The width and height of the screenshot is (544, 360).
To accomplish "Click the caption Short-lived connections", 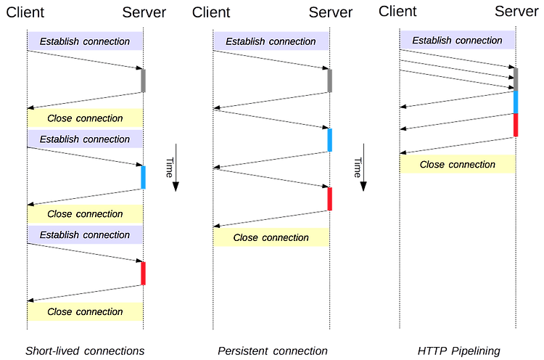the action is click(x=85, y=351).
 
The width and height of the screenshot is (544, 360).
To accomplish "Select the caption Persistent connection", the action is click(x=272, y=351).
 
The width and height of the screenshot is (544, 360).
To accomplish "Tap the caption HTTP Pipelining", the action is click(x=458, y=351).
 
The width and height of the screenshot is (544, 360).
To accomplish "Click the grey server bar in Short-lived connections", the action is click(x=144, y=81).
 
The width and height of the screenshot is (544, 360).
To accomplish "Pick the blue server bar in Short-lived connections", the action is click(x=144, y=177).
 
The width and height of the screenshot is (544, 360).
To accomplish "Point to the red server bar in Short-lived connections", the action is click(x=144, y=274).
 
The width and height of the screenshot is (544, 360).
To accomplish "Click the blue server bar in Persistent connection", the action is click(x=329, y=140).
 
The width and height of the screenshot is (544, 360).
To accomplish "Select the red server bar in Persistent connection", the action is click(x=329, y=199).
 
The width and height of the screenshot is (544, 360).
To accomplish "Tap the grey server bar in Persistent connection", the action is click(x=329, y=81).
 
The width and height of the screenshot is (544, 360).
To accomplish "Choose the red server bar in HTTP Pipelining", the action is click(x=516, y=125).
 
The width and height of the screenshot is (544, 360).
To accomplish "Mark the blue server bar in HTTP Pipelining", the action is click(x=516, y=102).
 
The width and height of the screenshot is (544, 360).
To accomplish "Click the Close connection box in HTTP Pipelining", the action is click(x=458, y=164).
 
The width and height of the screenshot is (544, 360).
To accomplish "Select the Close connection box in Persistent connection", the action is click(x=271, y=237).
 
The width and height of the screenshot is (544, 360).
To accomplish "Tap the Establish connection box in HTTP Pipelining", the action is click(x=457, y=40).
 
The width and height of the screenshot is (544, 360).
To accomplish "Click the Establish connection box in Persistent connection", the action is click(x=271, y=41).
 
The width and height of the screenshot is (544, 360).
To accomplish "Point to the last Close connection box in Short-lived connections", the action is click(x=85, y=311).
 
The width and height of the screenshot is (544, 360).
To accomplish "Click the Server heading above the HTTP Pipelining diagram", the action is click(x=516, y=12).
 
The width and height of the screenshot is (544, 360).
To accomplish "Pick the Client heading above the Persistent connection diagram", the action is click(x=211, y=12).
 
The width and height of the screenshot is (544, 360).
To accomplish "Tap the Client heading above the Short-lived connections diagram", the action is click(x=25, y=12).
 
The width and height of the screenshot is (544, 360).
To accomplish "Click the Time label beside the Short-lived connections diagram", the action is click(x=170, y=168).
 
